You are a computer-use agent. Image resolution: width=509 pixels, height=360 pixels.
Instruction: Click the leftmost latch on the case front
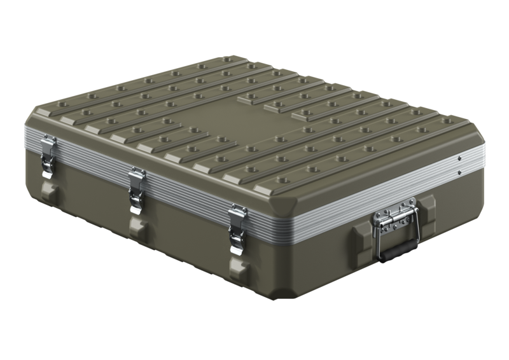[x=46, y=156]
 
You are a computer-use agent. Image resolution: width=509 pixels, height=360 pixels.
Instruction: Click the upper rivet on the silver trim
[x=459, y=155]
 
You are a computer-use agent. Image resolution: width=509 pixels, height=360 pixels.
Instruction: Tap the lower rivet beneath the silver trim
[x=459, y=172]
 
